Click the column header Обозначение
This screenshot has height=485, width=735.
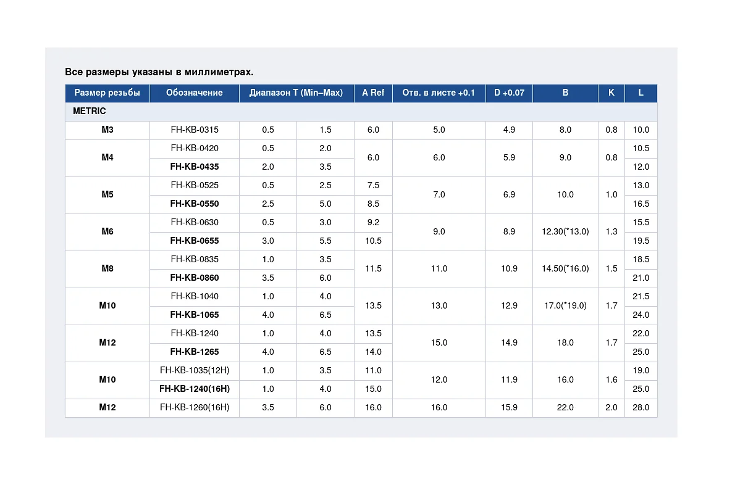point(194,93)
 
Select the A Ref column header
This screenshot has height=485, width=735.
point(373,93)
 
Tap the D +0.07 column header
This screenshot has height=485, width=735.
point(509,93)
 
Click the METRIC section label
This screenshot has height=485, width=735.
point(89,111)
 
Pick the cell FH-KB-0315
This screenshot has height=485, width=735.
point(195,130)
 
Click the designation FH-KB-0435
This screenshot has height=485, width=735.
point(195,167)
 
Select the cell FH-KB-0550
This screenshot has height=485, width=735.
point(195,204)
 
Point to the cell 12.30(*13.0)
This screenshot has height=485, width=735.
point(565,231)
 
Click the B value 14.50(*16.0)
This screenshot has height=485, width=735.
point(565,268)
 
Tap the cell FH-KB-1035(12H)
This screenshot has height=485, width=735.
point(195,370)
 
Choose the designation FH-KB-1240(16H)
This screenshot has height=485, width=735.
point(195,389)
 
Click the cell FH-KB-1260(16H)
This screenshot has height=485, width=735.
point(195,407)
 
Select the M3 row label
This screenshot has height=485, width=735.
point(107,130)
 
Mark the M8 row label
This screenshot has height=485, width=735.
point(107,268)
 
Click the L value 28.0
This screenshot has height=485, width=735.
point(640,407)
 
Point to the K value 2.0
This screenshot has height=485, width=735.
point(611,407)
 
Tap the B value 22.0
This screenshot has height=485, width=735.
point(565,407)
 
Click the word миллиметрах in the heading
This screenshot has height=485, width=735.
point(219,72)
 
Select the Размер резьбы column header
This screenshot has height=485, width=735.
point(107,93)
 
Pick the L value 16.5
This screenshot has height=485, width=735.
point(640,204)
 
